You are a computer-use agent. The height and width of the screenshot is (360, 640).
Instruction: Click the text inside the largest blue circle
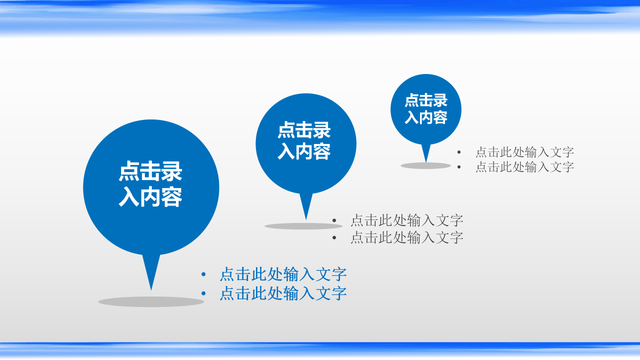pos(150,184)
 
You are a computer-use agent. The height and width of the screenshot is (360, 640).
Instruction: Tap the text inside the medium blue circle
pos(304,140)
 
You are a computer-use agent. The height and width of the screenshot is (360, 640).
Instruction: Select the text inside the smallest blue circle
pos(426,108)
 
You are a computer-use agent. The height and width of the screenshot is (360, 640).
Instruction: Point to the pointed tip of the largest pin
pos(151,288)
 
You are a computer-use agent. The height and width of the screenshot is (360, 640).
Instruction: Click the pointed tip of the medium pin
pos(306,218)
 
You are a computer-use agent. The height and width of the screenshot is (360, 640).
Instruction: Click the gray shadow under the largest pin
pos(151,301)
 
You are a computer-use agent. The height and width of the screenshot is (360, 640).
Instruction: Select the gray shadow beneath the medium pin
pos(303,226)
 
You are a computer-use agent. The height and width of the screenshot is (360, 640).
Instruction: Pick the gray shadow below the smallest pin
pos(425,165)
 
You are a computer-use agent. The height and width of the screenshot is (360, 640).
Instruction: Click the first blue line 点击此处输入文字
pos(283,274)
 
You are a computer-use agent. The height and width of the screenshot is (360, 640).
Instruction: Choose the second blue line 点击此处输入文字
pos(283,293)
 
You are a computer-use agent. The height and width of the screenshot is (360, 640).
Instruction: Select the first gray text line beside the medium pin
pos(406,220)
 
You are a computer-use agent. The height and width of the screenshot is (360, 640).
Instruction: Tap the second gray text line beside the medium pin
pos(406,237)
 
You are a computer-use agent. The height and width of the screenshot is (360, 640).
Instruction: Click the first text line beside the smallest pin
pos(524,152)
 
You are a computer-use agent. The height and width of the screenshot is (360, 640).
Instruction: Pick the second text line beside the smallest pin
pos(524,167)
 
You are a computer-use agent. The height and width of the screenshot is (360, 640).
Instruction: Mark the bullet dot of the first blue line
pos(203,274)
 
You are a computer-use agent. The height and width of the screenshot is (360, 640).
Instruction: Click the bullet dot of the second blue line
pos(203,293)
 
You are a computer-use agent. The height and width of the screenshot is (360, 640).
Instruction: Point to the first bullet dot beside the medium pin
pos(334,220)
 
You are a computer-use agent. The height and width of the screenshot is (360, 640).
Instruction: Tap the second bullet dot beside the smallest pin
pos(459,167)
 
